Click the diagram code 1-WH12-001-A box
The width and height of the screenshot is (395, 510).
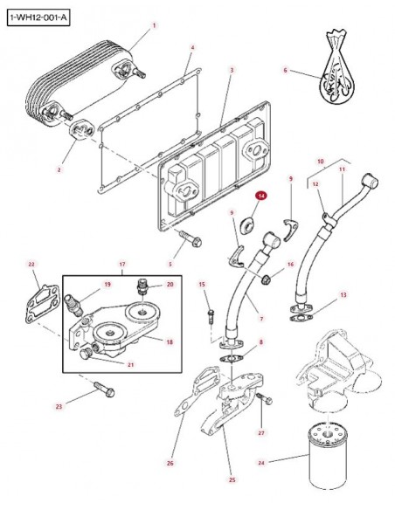coord(38,17)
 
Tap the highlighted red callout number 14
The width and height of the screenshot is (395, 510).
coord(262,196)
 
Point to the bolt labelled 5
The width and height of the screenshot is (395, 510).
coord(190,238)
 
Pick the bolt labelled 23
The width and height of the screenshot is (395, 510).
coord(105,389)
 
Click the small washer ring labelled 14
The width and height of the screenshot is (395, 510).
coord(248,224)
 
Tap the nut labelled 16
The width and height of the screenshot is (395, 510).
coord(266,279)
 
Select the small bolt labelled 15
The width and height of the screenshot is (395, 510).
coord(211,316)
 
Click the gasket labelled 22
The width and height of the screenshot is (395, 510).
coord(42,304)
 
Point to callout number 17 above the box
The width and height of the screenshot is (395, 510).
coord(122,264)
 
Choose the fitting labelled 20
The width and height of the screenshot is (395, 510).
coord(142,286)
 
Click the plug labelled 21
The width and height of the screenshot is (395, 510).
coord(86,354)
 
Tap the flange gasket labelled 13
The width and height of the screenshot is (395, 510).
coord(301,317)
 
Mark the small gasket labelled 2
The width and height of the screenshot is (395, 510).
coord(81,130)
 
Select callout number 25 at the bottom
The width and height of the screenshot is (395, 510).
coord(232,479)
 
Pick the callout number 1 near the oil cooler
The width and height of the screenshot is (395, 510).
coord(154,25)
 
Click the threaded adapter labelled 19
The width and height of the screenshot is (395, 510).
coord(74,305)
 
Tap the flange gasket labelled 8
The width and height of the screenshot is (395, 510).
coord(231,359)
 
